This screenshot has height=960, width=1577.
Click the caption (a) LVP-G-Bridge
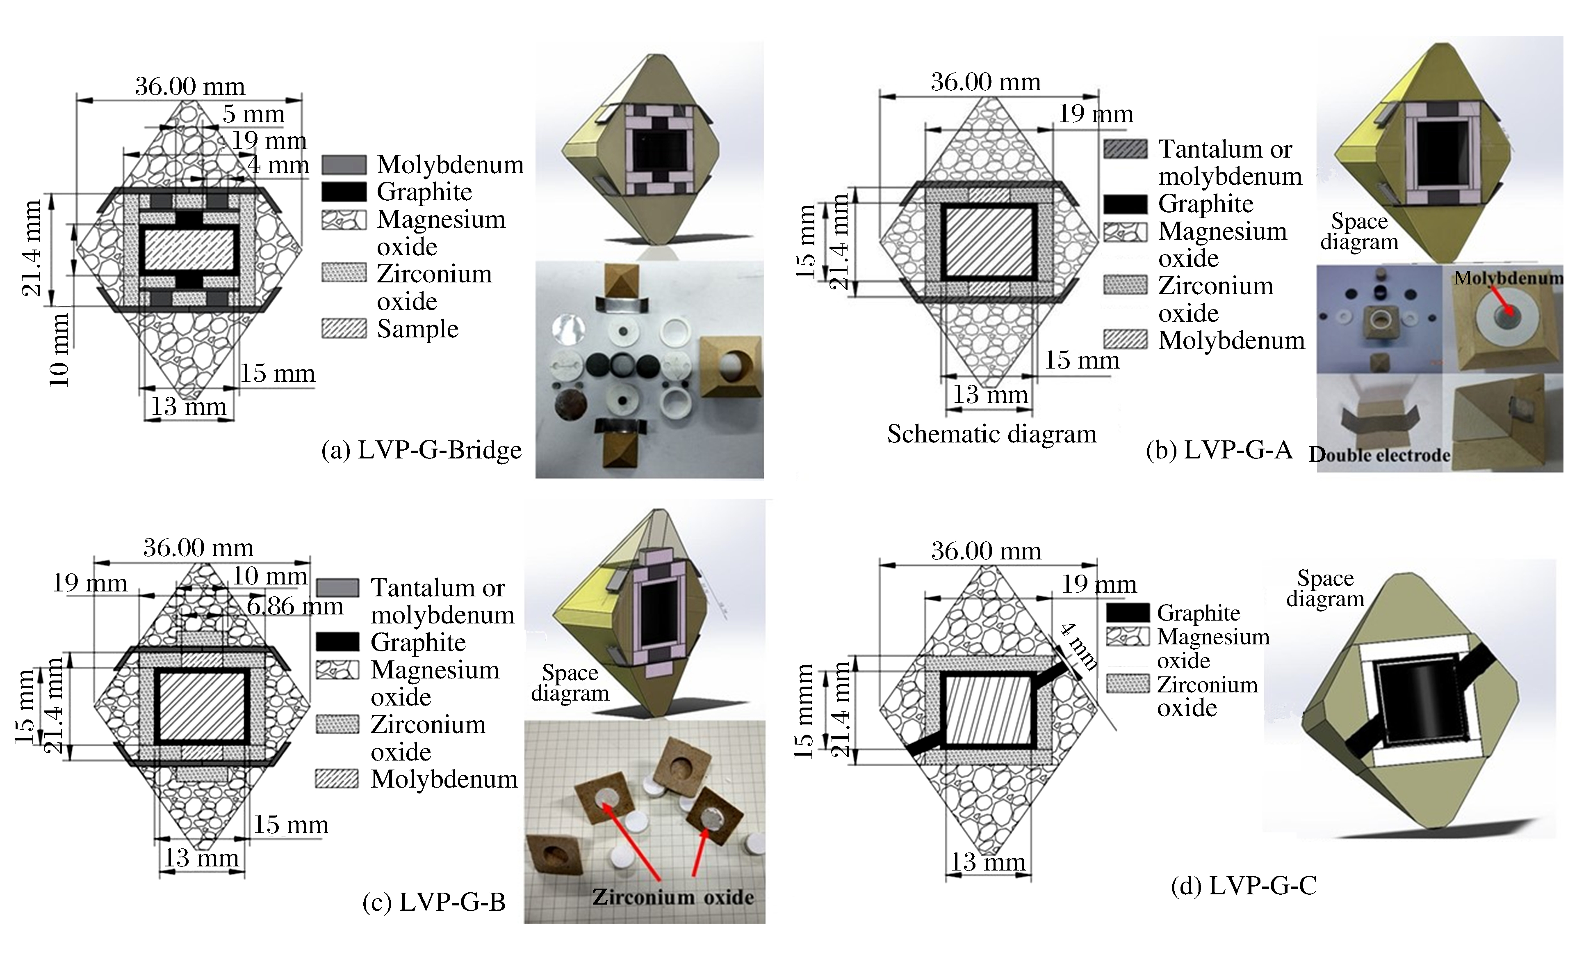click(x=421, y=450)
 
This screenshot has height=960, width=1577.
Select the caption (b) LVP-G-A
click(x=1219, y=450)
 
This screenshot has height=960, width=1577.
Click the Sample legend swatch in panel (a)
click(x=344, y=329)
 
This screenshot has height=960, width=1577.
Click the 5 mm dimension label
click(x=253, y=115)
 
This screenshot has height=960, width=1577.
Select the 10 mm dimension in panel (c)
click(x=269, y=576)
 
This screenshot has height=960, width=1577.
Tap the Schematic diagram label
click(x=991, y=434)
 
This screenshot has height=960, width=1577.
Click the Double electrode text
click(x=1379, y=455)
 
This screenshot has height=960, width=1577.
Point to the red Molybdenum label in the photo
click(x=1507, y=278)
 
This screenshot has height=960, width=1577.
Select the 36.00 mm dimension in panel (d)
click(x=986, y=551)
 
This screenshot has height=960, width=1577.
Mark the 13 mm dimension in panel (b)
click(x=990, y=394)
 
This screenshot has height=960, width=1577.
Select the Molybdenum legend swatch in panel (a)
click(x=344, y=165)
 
